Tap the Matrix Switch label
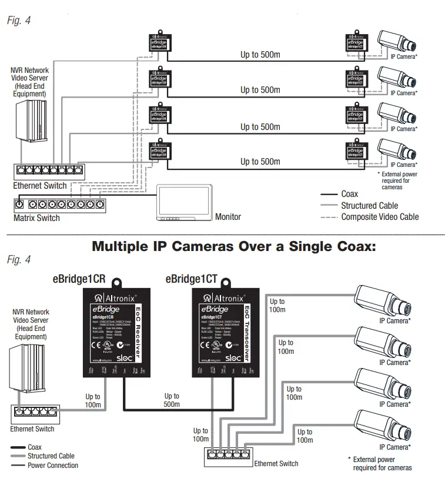pos(36,217)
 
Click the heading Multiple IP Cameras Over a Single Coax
pos(233,247)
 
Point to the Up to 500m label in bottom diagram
pos(172,401)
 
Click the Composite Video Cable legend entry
pos(380,217)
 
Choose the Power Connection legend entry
pos(53,466)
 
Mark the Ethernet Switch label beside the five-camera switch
pos(276,464)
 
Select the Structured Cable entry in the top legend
pos(369,205)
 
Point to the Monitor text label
pos(228,217)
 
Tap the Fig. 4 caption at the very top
pos(18,21)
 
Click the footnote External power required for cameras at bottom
pos(382,464)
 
